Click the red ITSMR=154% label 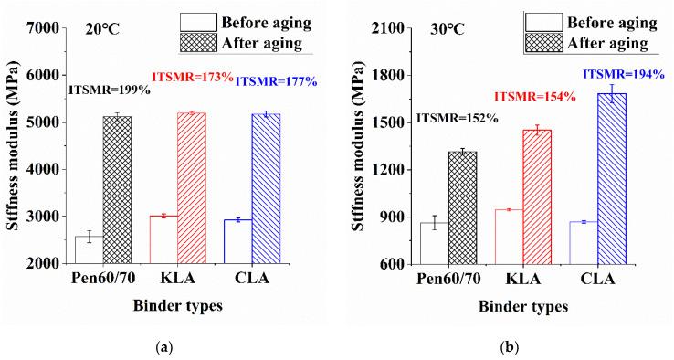click(x=535, y=97)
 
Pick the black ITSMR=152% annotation click(x=457, y=118)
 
